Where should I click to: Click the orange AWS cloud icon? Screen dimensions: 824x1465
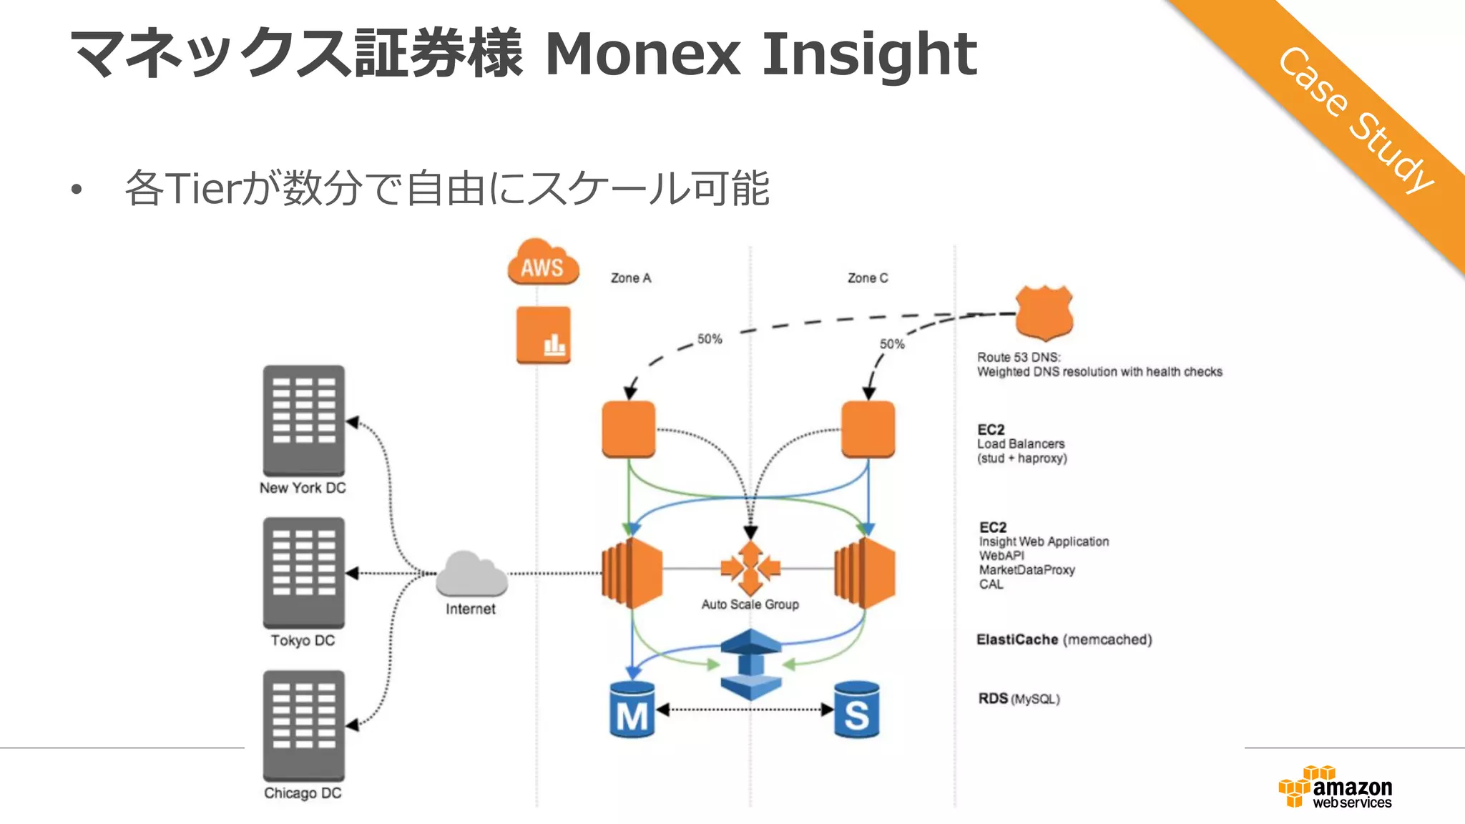543,263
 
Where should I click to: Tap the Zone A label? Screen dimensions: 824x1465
631,278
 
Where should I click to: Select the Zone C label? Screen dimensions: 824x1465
868,278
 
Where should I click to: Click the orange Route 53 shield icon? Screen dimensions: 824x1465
1044,313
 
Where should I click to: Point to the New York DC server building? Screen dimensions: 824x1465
304,420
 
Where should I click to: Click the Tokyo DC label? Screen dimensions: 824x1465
303,640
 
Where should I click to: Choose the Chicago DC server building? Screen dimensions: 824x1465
304,725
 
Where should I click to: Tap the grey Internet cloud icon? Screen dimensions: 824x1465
471,574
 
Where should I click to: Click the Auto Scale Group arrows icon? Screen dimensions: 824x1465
750,569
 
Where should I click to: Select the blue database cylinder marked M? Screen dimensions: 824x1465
632,710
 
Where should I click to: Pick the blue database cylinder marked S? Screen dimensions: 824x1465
856,710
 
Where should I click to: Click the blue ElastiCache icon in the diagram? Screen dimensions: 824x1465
750,664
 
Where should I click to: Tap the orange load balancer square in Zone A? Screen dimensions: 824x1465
629,429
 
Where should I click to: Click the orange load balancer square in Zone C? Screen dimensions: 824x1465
868,429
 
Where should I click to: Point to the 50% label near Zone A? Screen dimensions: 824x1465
710,339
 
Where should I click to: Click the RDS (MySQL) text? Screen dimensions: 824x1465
1019,699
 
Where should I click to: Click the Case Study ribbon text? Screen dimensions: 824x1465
1356,119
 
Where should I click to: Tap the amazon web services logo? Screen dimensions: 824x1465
1336,788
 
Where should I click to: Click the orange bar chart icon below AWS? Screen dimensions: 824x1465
544,335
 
